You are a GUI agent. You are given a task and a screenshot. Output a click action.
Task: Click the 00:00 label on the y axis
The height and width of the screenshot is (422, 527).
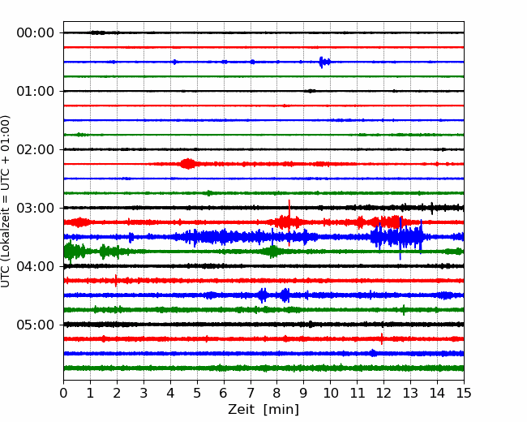click(x=36, y=33)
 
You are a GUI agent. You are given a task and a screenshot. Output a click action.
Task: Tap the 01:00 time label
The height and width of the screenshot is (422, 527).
click(x=36, y=91)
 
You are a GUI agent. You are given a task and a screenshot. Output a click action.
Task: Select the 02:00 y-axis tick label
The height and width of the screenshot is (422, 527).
click(x=36, y=149)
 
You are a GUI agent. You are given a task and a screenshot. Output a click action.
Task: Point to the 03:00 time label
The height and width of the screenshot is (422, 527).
click(x=36, y=208)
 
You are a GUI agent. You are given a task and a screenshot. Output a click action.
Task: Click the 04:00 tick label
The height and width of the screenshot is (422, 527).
click(x=36, y=266)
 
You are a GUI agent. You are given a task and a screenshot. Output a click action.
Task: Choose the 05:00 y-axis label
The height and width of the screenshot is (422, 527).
click(x=36, y=325)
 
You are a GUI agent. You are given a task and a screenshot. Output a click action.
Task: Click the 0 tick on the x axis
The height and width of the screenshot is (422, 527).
click(x=63, y=393)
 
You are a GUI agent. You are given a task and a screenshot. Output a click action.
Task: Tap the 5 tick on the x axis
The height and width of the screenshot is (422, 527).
click(x=197, y=393)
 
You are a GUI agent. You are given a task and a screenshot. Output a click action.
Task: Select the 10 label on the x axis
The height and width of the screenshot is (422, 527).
click(x=330, y=393)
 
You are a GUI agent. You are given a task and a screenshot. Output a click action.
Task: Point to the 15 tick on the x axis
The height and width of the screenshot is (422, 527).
click(x=464, y=393)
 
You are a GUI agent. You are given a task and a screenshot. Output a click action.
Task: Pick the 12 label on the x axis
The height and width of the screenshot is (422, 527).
click(x=383, y=393)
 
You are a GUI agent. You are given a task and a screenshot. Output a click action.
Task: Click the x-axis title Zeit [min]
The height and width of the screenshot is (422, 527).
click(x=263, y=409)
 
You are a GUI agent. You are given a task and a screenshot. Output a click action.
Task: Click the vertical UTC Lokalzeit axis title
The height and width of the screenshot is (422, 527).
click(x=6, y=201)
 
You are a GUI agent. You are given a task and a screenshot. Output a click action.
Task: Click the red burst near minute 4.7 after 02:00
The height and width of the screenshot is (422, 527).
click(x=187, y=164)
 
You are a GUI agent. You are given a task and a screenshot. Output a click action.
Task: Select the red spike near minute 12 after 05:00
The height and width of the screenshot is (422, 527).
click(x=382, y=338)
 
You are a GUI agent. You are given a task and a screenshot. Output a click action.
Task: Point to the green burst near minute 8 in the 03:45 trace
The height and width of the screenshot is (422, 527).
click(x=273, y=252)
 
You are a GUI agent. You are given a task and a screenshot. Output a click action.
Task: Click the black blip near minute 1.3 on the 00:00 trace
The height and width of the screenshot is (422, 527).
click(x=97, y=32)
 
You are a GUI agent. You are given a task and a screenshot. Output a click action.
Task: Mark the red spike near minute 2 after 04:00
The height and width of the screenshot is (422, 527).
click(x=116, y=280)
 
